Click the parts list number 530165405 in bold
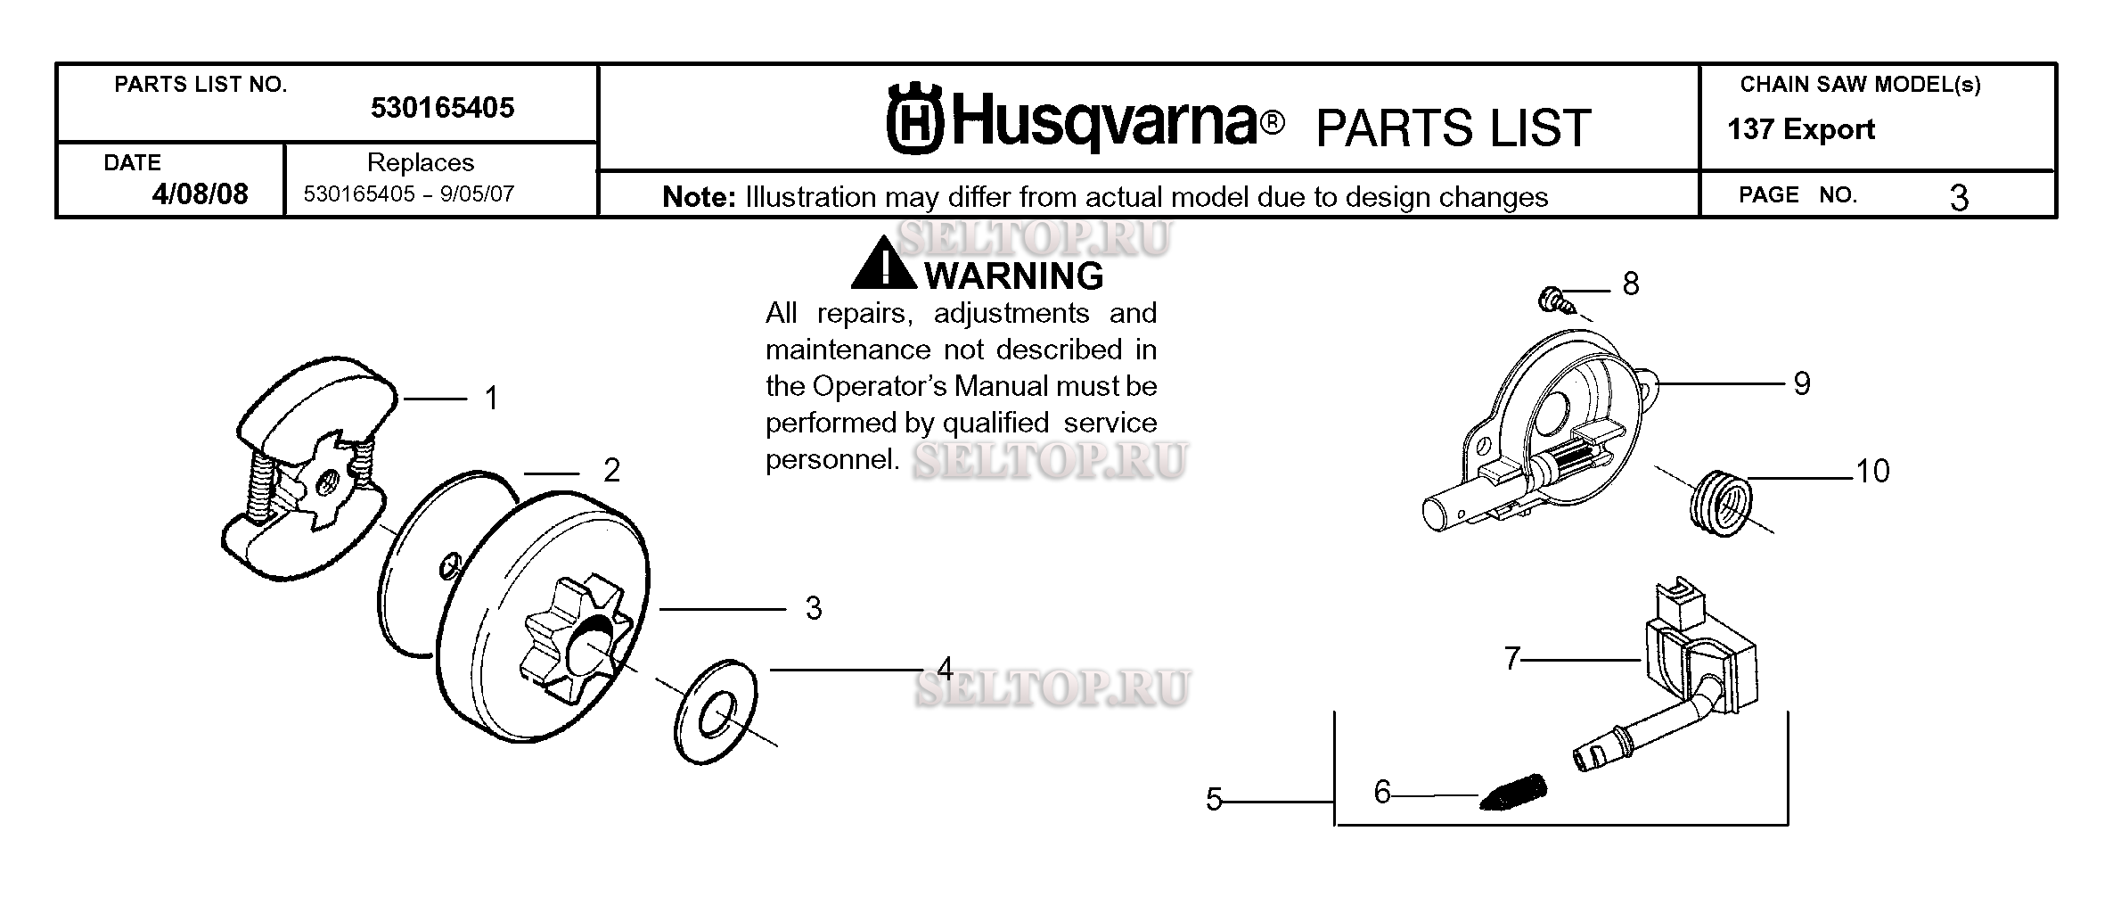[442, 108]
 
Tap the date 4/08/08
[200, 193]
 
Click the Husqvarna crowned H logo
[914, 119]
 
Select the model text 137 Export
[1801, 129]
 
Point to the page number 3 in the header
[1958, 198]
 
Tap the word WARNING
[1015, 276]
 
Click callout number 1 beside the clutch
[491, 398]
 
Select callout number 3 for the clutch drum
[814, 608]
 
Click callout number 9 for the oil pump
[1802, 383]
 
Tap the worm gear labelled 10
[1720, 505]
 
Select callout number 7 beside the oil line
[1512, 659]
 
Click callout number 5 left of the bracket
[1214, 800]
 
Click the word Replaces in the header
[421, 162]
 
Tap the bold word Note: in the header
[700, 197]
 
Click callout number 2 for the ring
[611, 471]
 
